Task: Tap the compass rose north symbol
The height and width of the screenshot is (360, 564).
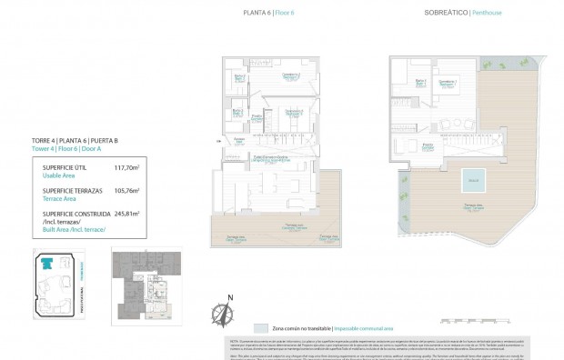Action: [x=219, y=313]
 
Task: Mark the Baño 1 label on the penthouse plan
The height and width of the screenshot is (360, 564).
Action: [x=419, y=83]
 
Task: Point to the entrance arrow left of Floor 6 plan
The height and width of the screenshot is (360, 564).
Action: [x=218, y=141]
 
